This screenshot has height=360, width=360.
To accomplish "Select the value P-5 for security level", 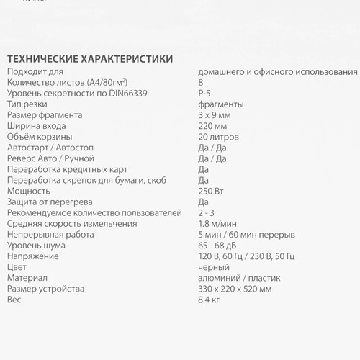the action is point(204,94).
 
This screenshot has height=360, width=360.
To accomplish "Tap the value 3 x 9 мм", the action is point(214,115).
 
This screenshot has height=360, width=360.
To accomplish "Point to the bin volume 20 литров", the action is point(218,137).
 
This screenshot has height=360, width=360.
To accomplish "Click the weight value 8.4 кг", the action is point(209,299).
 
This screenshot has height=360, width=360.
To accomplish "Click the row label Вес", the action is point(14,299).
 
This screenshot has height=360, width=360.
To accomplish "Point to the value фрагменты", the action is point(220,104).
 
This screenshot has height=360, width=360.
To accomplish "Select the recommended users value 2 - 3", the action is point(206,212).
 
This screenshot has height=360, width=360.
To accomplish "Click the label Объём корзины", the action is point(40,137).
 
